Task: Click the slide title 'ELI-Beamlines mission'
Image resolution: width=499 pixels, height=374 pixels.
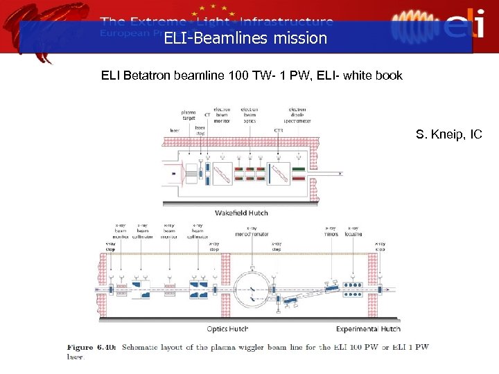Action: point(245,39)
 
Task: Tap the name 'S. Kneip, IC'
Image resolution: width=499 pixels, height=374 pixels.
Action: point(448,134)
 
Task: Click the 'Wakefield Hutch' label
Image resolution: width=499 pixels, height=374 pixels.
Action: point(241,213)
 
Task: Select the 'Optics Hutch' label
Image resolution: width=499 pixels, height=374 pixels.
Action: point(228,328)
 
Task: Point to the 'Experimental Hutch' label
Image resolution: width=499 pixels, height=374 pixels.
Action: point(368,328)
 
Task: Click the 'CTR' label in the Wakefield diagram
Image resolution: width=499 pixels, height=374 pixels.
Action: point(279,130)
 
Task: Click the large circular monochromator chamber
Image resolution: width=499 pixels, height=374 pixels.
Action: point(254,285)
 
